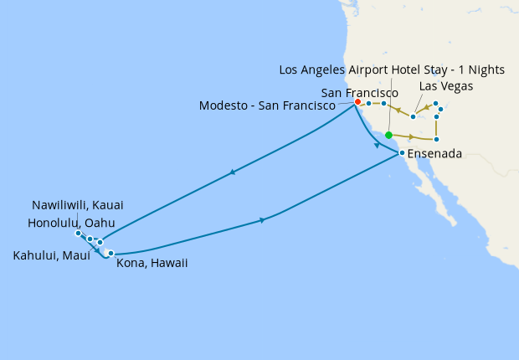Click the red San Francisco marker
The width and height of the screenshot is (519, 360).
coord(357,102)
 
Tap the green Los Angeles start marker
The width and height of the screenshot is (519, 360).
coord(388,134)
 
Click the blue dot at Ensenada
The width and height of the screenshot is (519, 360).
coord(402,153)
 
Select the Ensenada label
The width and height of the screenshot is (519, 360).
coord(435,154)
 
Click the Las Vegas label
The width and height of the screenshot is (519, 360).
coord(446,86)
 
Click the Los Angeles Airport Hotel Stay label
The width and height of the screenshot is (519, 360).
coord(392,69)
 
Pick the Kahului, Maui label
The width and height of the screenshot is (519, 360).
coord(52,255)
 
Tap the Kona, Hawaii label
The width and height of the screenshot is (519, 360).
coord(152,263)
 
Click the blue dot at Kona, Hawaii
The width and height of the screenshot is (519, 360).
coord(110,252)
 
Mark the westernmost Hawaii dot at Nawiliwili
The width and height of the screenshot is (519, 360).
coord(78,233)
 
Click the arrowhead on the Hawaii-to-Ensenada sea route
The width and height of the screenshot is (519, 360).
coord(263,220)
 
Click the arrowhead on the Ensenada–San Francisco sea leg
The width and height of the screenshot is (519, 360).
coord(377,145)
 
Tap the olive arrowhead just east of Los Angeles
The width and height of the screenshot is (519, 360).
coord(411,136)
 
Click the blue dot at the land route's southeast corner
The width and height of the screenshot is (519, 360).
coord(437,139)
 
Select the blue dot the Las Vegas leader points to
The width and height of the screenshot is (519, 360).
coord(414,116)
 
